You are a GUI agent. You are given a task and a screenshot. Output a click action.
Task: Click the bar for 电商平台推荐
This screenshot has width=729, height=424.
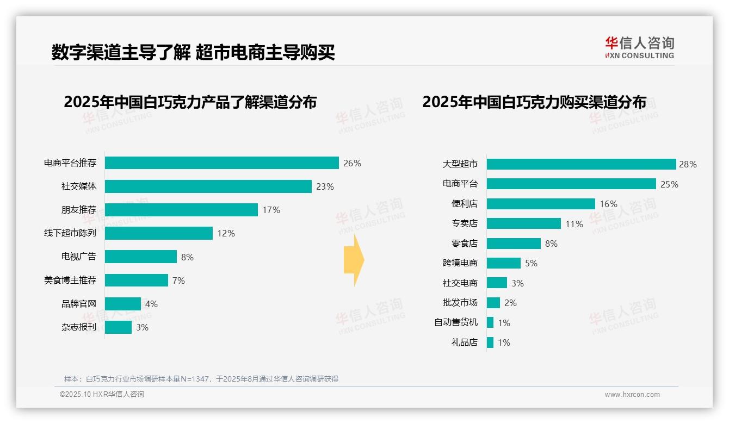pos(221,163)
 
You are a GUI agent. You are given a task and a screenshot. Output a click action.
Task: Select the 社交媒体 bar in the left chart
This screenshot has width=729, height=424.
pos(208,186)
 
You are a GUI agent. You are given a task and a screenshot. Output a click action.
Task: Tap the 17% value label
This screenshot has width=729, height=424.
pos(271,210)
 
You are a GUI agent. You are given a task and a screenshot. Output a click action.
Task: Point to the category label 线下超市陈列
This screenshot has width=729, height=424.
pos(70,233)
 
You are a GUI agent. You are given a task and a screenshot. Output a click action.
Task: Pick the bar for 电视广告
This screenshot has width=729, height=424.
pos(141,257)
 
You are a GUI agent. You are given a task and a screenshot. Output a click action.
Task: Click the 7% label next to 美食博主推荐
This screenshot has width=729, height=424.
pos(178,280)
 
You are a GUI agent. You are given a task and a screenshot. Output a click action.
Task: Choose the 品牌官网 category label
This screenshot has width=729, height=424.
pos(79,304)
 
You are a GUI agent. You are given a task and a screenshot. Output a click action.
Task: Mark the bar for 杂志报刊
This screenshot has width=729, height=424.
pos(118,327)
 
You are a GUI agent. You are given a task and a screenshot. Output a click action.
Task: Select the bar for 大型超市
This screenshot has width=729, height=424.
pos(581,164)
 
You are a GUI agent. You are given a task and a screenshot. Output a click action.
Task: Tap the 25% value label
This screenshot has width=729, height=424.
pos(669,184)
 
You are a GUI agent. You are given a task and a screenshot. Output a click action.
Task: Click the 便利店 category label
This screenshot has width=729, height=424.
pos(465,204)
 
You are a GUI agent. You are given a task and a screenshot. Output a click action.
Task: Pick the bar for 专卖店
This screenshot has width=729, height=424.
pos(523,223)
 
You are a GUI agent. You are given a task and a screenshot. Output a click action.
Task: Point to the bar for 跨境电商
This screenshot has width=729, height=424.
pos(503,263)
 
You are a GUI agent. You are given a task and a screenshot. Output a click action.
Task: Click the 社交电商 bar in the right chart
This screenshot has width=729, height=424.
pos(497,283)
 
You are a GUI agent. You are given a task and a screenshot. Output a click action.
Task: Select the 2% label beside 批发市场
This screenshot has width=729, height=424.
pos(510,303)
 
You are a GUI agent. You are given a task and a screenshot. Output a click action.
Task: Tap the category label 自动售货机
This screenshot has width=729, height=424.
pos(456,322)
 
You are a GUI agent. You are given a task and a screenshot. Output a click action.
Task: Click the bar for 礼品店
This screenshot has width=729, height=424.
pos(490,342)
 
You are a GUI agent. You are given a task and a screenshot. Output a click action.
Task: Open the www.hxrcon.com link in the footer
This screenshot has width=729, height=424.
pos(632,394)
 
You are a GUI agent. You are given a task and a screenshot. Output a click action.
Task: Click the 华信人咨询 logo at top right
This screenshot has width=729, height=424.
pos(639,47)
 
